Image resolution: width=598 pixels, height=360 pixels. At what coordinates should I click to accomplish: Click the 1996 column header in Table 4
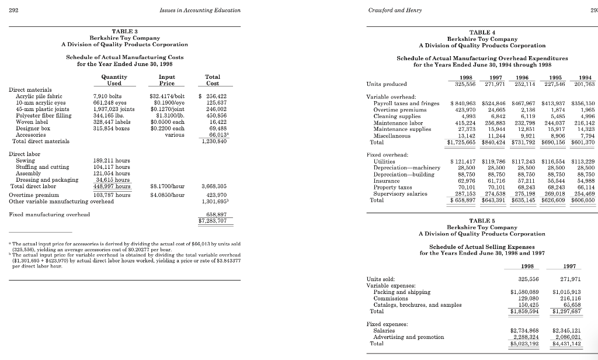click(x=520, y=77)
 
